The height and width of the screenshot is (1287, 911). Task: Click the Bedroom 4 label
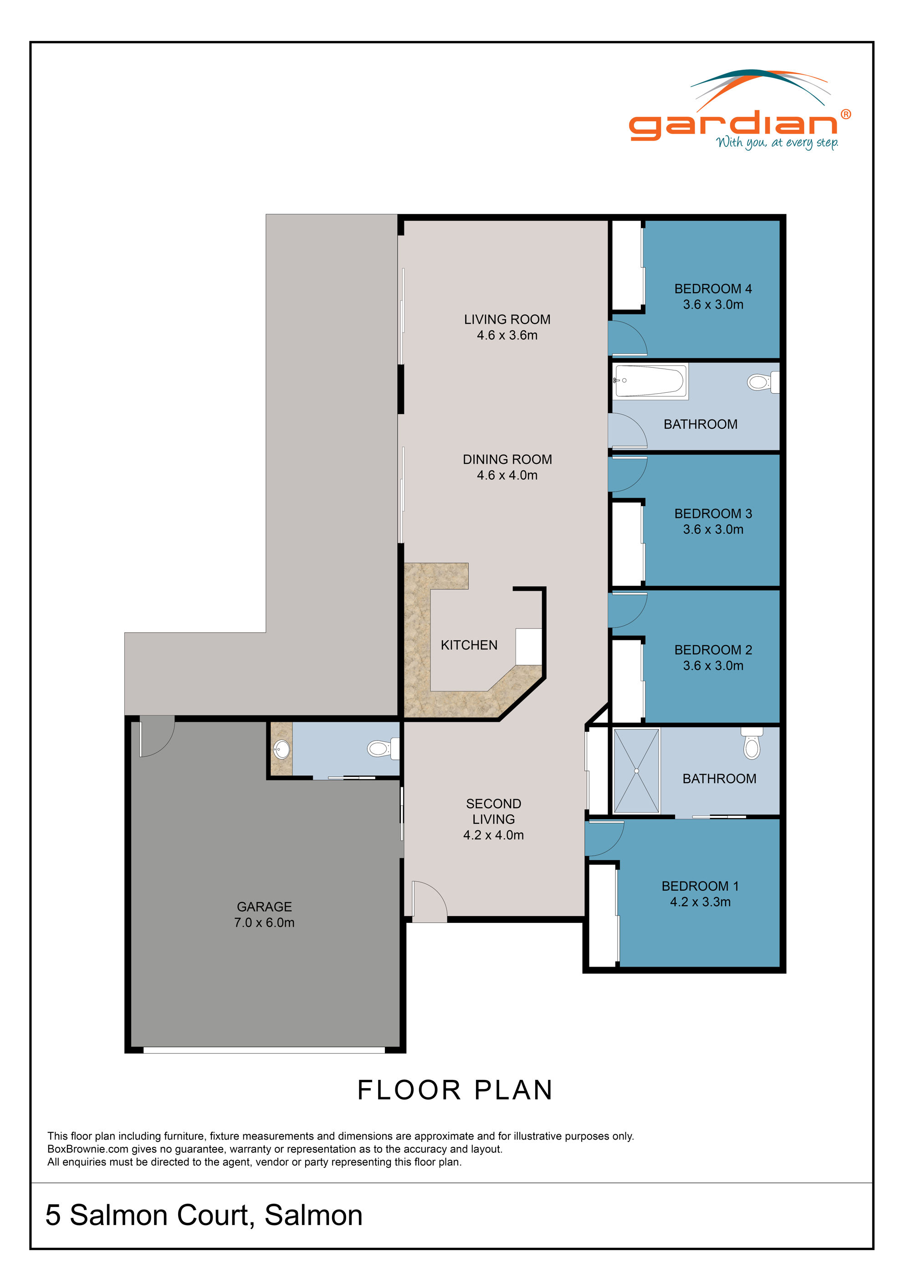[712, 289]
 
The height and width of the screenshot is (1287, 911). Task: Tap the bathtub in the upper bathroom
[650, 381]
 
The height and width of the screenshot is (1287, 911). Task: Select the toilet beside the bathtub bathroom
[762, 382]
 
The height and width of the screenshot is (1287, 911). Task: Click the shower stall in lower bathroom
[636, 771]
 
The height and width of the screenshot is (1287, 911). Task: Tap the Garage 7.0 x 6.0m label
[264, 914]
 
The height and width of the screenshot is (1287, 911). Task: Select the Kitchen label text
[469, 645]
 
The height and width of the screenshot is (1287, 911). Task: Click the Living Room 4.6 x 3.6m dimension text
[507, 335]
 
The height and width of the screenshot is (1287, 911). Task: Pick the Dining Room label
[507, 459]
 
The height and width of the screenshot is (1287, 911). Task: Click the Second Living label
[493, 811]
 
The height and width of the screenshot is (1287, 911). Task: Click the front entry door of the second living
[429, 902]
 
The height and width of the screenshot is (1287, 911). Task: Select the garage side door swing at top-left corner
[157, 736]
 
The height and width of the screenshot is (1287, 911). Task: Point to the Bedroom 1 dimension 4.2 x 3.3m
[700, 902]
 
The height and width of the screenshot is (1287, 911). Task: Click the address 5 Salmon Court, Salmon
[204, 1215]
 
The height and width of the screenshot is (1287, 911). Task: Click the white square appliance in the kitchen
[528, 646]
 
